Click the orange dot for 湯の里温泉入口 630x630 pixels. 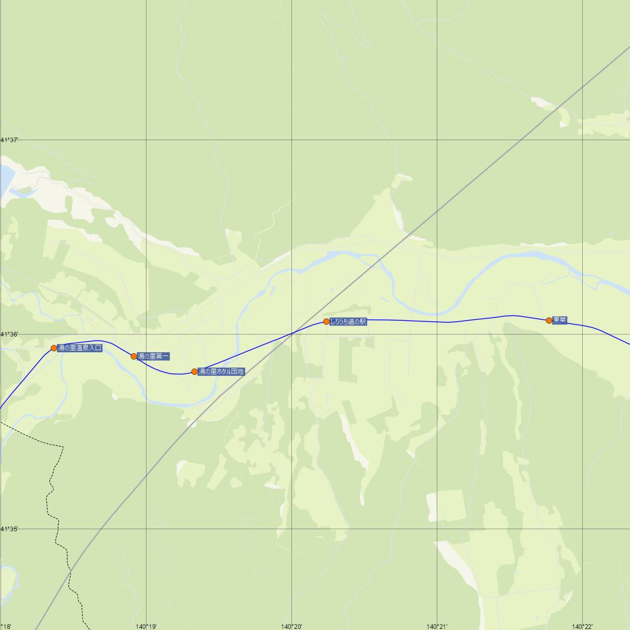[x=54, y=348]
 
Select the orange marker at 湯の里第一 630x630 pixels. [x=134, y=356]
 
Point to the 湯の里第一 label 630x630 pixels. [x=153, y=356]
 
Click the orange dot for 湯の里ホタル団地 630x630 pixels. [x=194, y=372]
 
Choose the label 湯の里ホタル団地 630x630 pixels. [x=221, y=372]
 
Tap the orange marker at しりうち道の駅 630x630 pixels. [x=327, y=321]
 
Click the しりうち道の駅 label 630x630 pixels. [x=348, y=322]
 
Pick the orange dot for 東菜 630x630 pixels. [x=549, y=320]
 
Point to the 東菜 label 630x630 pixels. [x=560, y=320]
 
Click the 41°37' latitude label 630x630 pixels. [x=9, y=140]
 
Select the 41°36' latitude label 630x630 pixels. [x=9, y=334]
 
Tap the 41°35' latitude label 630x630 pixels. [x=9, y=529]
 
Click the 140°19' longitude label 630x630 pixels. [x=146, y=626]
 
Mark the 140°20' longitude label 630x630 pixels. [x=291, y=626]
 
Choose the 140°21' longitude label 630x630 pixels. [x=437, y=626]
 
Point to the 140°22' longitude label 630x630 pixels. [x=582, y=626]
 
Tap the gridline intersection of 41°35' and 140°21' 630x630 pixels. [x=437, y=529]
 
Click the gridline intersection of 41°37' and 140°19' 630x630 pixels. [x=146, y=140]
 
